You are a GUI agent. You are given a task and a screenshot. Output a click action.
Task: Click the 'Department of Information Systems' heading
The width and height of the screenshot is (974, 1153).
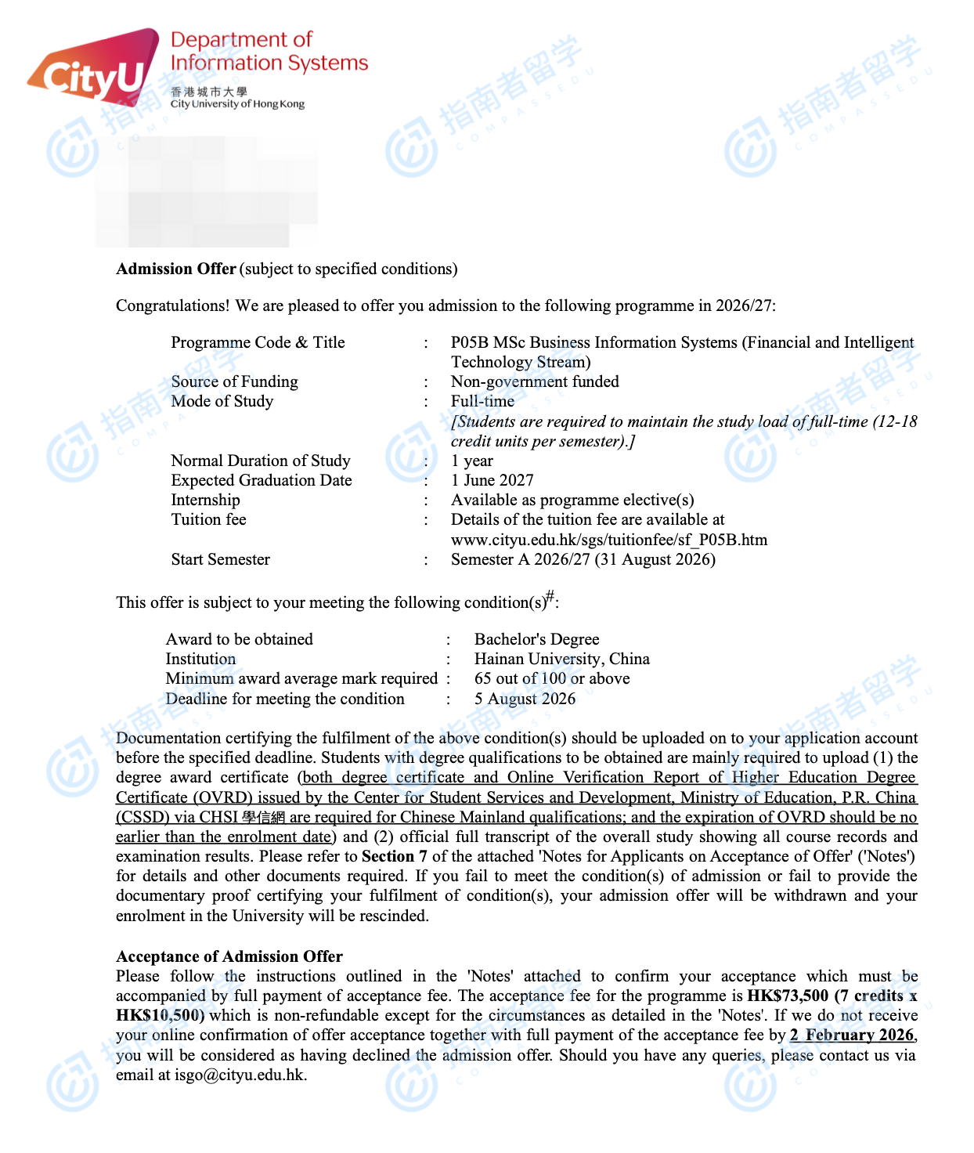pos(268,51)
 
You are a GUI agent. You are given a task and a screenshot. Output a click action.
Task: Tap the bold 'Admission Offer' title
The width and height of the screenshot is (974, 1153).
pos(176,269)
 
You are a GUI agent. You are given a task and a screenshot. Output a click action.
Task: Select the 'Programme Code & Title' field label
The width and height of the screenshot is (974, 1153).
pos(258,342)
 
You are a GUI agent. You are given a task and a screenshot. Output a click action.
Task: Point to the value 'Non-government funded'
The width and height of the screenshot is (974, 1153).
pos(535,381)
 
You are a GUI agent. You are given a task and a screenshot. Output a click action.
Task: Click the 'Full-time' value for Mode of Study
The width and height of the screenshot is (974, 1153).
pos(482,401)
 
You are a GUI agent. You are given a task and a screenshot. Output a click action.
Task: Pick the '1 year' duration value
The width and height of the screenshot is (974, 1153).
pos(472,461)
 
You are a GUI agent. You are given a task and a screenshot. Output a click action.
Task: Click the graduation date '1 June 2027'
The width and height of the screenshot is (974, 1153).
pos(492,480)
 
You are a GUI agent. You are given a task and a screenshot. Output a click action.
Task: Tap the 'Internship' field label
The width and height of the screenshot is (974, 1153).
pos(205,500)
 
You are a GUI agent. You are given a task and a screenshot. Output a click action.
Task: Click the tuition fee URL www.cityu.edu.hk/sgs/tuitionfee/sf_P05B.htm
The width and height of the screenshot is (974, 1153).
pos(608,540)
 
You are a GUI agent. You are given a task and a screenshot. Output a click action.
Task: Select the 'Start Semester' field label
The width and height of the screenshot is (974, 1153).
pos(220,559)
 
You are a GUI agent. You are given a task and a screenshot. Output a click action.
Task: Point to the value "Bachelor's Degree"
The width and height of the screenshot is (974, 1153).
pos(536,639)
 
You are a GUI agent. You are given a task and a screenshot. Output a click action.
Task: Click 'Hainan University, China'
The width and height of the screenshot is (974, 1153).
pos(561,659)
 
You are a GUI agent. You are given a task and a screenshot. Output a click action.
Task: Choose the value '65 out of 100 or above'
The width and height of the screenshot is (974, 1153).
pos(552,678)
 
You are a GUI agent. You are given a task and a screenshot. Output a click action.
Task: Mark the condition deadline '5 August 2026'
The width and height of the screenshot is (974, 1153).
pos(525,699)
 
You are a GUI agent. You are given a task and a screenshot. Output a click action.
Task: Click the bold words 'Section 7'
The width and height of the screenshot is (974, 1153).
pos(395,856)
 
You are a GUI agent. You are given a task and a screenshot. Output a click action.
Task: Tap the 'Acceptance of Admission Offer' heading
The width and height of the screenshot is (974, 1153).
pos(229,956)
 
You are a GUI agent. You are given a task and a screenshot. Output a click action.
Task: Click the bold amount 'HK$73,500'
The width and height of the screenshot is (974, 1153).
pos(788,996)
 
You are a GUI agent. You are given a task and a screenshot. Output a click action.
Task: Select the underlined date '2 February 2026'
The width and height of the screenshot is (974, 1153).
pos(852,1035)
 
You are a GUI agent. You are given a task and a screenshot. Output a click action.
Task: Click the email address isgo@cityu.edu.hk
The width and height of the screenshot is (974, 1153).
pos(239,1075)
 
